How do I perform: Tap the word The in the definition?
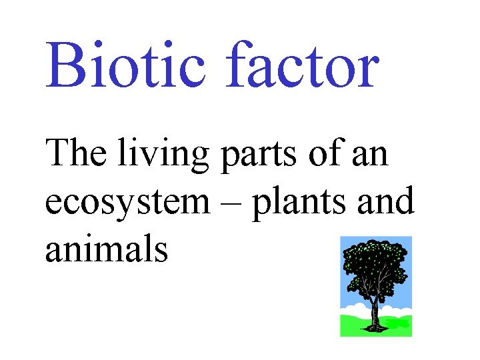click(75, 155)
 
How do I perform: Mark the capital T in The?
click(58, 155)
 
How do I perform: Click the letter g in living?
click(200, 160)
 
